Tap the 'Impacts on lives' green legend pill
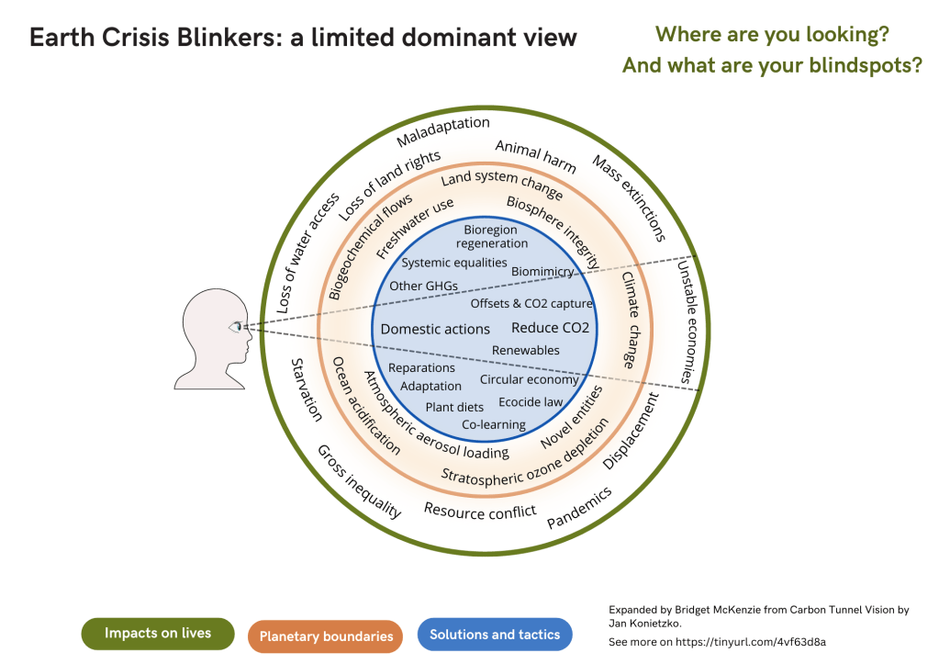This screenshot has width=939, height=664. [x=157, y=633]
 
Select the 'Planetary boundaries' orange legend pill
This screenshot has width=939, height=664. [x=326, y=636]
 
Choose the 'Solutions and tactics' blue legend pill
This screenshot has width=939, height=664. [x=494, y=634]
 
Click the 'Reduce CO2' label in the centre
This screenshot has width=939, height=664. [x=550, y=328]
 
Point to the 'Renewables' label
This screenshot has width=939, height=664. [x=525, y=350]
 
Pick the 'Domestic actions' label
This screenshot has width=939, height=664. [x=435, y=329]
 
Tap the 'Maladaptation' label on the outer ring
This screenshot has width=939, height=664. [x=443, y=132]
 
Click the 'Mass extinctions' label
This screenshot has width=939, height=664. [x=628, y=198]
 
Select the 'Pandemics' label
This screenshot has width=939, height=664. [x=579, y=508]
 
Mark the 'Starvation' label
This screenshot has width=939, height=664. [x=307, y=389]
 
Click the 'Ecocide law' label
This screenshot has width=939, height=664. [x=531, y=402]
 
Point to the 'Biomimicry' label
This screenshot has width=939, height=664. [x=542, y=272]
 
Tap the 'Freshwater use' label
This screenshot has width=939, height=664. [x=415, y=226]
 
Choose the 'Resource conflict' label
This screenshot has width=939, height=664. [x=479, y=511]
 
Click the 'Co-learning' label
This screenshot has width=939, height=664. [x=493, y=424]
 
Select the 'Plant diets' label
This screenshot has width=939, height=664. [x=454, y=407]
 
